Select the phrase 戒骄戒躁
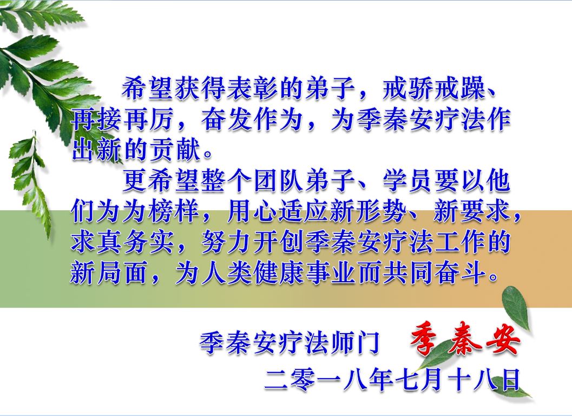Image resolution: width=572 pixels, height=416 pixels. click(x=435, y=89)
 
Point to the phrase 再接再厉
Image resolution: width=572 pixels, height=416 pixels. click(x=122, y=120)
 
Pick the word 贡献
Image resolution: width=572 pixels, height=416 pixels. click(x=175, y=149)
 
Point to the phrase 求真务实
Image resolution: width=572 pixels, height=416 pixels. click(x=122, y=242)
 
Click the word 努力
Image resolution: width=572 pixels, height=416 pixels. click(x=227, y=242)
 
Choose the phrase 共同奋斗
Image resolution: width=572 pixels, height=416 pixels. click(x=435, y=272)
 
